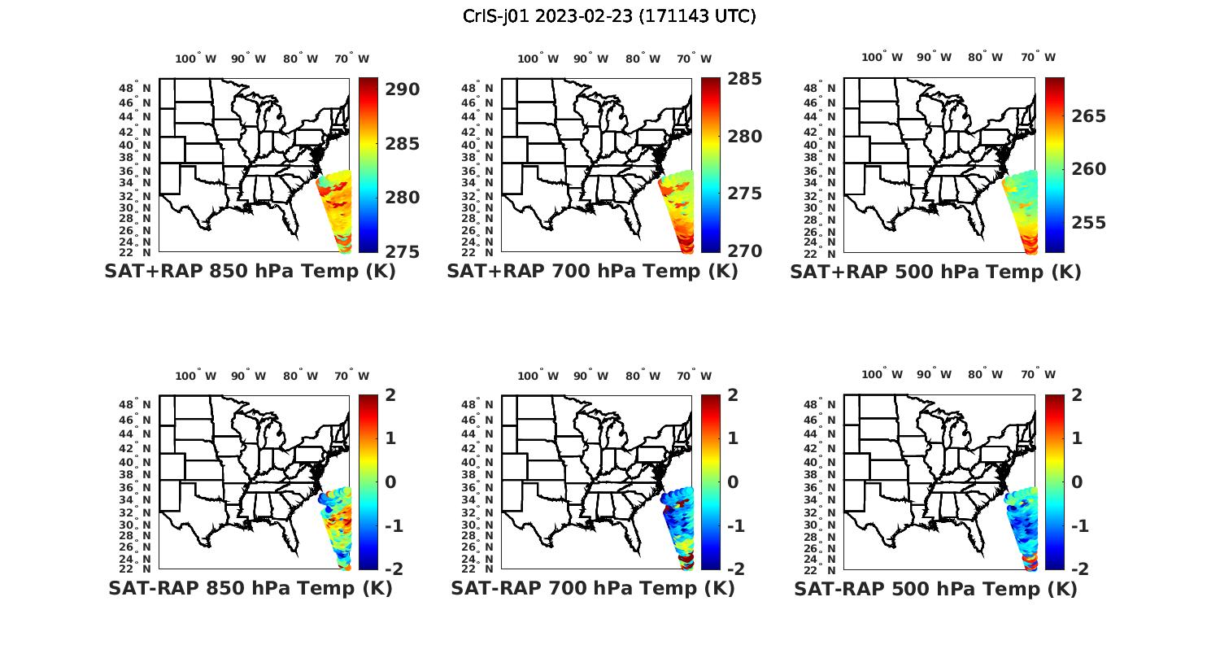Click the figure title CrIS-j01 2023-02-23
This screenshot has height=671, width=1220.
click(x=609, y=16)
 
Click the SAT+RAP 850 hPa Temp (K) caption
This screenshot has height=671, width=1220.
click(x=250, y=272)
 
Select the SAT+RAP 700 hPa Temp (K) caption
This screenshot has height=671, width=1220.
click(x=592, y=272)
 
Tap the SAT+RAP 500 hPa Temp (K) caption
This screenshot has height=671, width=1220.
click(x=935, y=272)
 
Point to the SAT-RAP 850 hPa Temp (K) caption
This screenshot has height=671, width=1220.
click(x=250, y=588)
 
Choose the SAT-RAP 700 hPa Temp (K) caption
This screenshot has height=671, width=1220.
click(x=592, y=588)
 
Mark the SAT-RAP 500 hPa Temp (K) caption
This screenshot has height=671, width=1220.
click(x=935, y=588)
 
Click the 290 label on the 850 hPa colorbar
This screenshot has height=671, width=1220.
click(x=402, y=89)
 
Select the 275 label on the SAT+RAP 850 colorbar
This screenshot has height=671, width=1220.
click(x=402, y=251)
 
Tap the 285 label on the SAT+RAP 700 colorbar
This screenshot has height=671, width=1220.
click(x=744, y=79)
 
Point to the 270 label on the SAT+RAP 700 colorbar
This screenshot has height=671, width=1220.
click(x=744, y=251)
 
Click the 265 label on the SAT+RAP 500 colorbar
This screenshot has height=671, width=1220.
click(x=1088, y=116)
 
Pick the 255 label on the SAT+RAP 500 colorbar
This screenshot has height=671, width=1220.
click(x=1088, y=223)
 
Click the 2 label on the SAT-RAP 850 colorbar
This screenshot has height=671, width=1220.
click(x=390, y=395)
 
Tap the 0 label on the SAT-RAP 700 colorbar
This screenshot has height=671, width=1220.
click(x=733, y=481)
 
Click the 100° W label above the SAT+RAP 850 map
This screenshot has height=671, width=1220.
click(x=196, y=59)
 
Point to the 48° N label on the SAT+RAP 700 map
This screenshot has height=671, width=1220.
click(x=477, y=88)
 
